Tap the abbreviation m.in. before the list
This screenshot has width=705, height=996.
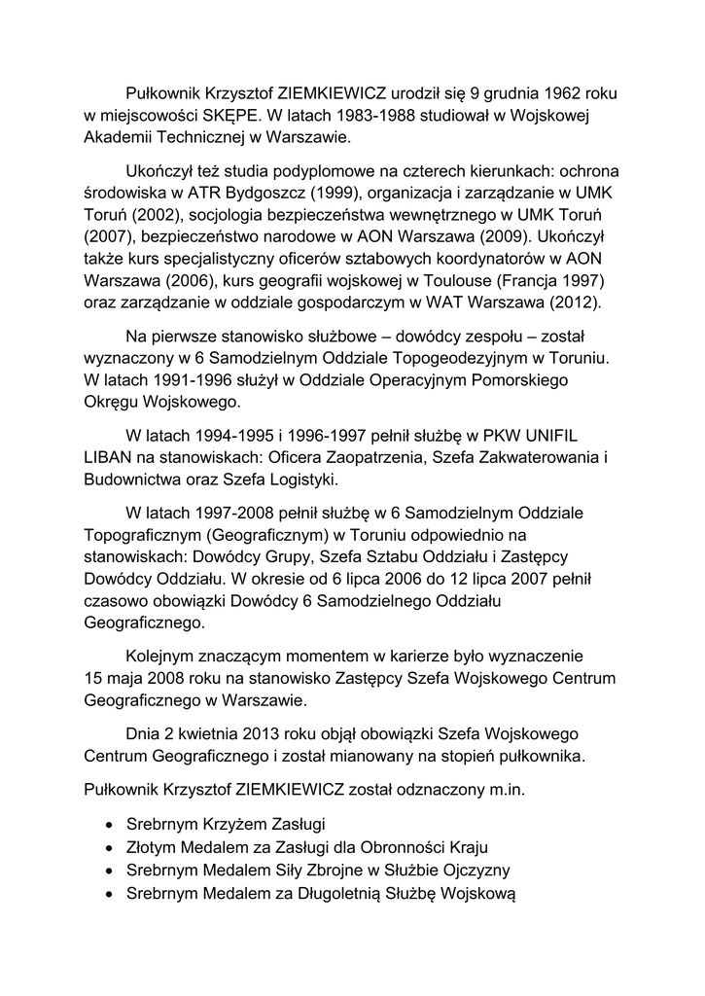[x=506, y=790]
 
